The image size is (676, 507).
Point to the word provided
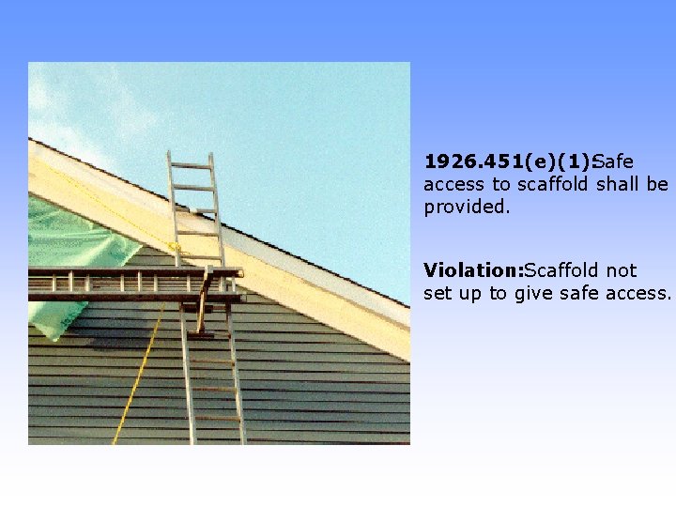coord(467,207)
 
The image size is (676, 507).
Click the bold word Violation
coord(471,270)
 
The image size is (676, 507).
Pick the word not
coord(622,270)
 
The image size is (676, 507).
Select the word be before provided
coord(657,184)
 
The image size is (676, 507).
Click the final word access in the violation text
coord(642,294)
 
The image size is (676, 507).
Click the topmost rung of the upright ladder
coord(191,166)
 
